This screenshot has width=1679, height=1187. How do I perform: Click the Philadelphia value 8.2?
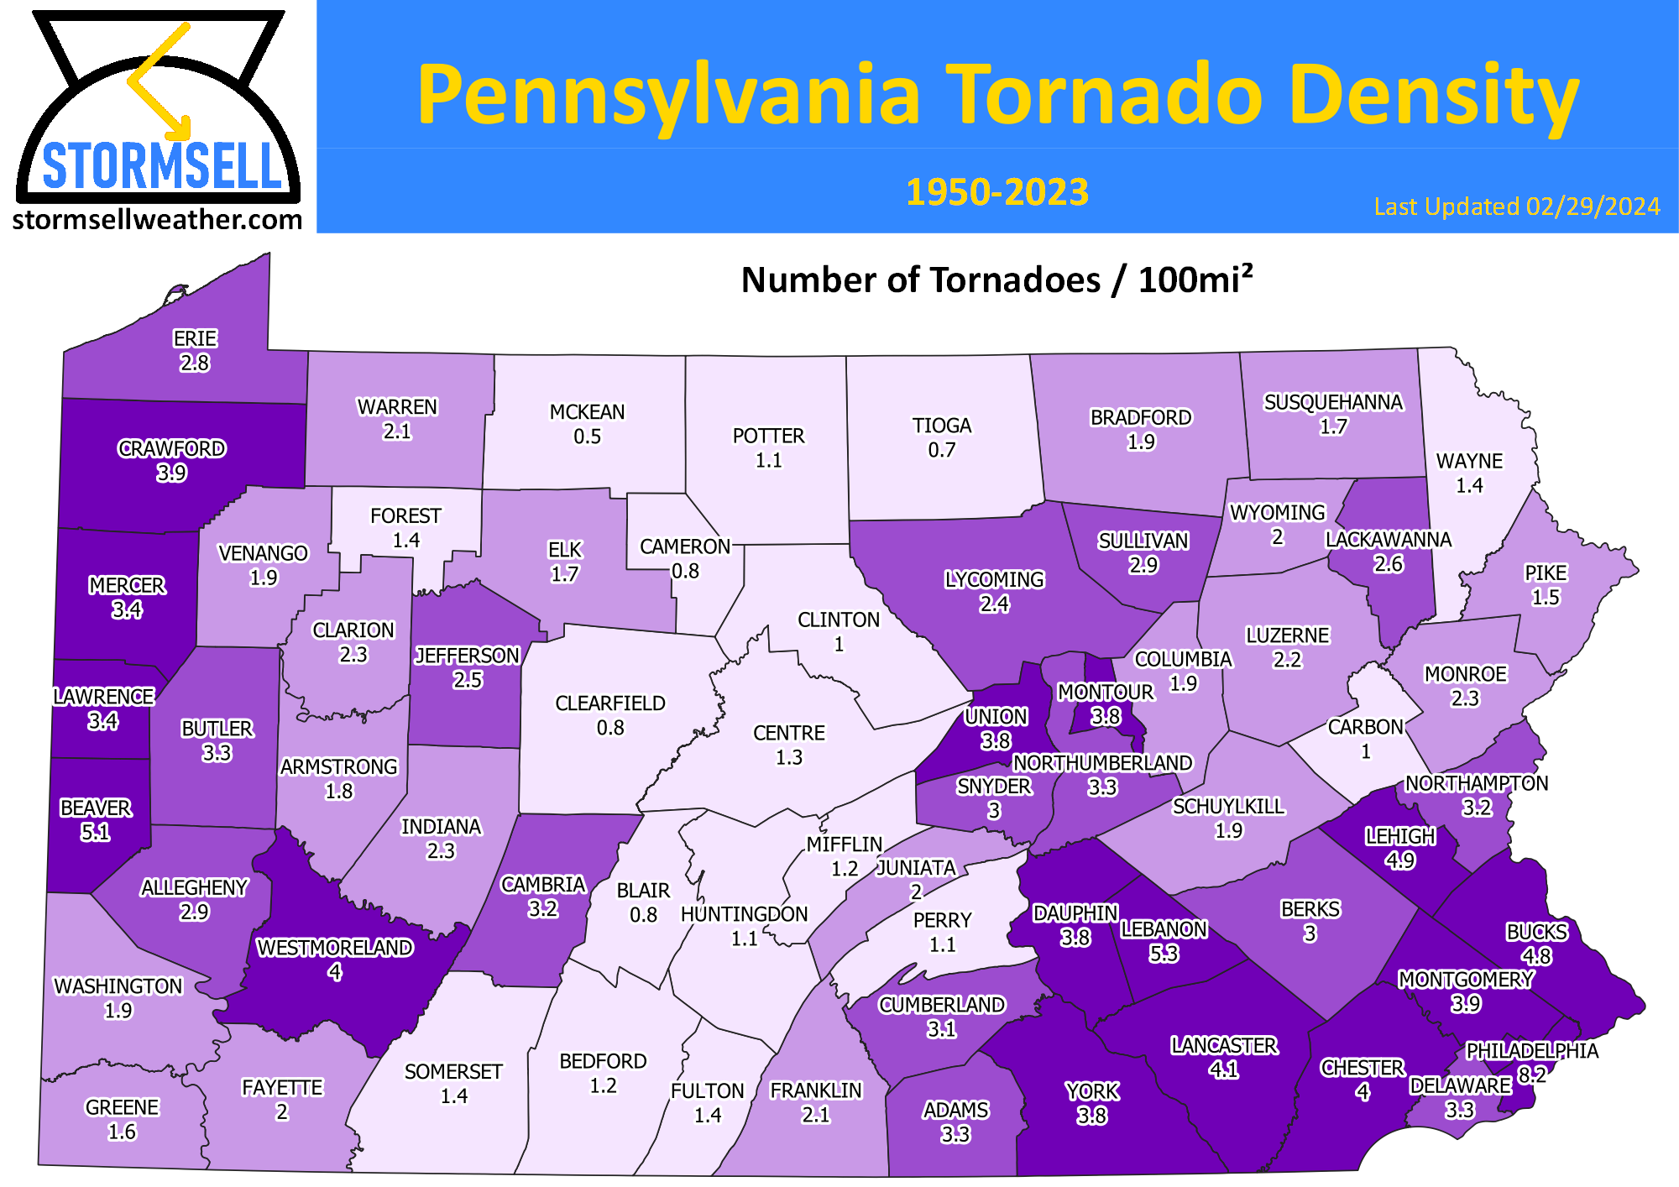pos(1532,1075)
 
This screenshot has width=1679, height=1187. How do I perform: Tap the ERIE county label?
pos(195,338)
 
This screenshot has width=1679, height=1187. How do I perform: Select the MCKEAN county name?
pos(587,412)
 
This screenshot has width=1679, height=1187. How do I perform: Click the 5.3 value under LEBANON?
pos(1164,954)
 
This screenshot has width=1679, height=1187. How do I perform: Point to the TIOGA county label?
pos(942,426)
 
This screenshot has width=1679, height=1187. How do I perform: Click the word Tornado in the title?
pos(1104,94)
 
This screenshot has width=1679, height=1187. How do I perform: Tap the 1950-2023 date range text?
pos(996,192)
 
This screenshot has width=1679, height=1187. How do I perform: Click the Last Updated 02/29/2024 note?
pos(1516,207)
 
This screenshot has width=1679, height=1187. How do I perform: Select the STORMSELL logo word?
pos(161,166)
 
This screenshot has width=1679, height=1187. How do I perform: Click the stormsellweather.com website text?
pos(157,220)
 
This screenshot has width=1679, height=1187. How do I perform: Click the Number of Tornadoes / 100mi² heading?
pos(996,280)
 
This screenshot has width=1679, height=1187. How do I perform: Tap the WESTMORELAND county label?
pos(334,948)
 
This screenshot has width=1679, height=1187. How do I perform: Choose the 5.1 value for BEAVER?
pos(95,832)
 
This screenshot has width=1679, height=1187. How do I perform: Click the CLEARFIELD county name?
pos(609,703)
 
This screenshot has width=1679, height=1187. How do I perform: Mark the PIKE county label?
pos(1546,573)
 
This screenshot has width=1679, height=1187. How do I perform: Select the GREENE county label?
pos(122,1107)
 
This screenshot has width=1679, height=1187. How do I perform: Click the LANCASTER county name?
pos(1224,1045)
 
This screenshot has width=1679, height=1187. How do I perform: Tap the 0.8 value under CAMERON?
pos(685,571)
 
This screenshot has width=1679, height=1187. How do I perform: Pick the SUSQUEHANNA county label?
pos(1333,402)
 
